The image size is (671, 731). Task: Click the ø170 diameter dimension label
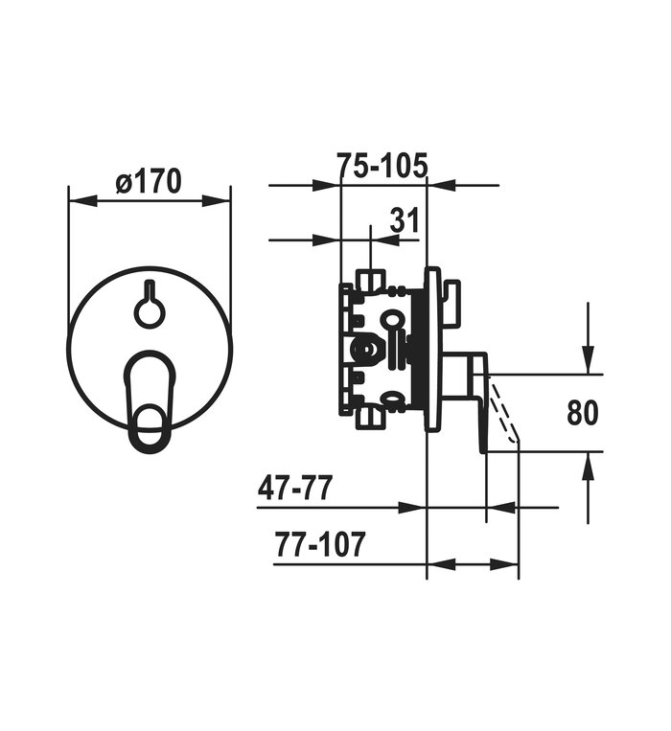[x=149, y=181]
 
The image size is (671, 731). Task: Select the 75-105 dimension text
[x=382, y=166]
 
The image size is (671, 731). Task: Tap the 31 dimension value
[x=405, y=220]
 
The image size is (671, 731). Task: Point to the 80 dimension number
[x=583, y=413]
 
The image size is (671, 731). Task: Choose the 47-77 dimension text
[x=295, y=488]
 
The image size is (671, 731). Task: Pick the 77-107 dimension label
[x=319, y=544]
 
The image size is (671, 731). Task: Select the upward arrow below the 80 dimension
[x=588, y=488]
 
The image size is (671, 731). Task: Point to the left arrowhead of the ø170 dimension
[x=83, y=202]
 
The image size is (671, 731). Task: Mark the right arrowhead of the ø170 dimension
[x=217, y=202]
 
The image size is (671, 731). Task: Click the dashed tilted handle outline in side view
[x=502, y=408]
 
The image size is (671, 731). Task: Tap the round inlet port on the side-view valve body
[x=365, y=349]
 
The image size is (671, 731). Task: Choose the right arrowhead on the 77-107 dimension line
[x=504, y=564]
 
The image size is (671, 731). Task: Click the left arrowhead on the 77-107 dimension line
[x=442, y=564]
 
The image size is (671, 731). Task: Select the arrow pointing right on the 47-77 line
[x=412, y=507]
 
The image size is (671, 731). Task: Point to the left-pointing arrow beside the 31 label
[x=385, y=240]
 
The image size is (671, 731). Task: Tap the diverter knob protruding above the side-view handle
[x=451, y=303]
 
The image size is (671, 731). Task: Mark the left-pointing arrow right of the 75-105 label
[x=442, y=186]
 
